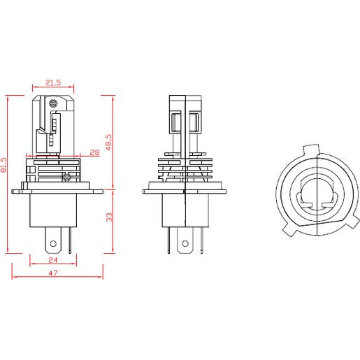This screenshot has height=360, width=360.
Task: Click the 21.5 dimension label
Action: pos(53,82)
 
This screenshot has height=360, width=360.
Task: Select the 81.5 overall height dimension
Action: pos(3,165)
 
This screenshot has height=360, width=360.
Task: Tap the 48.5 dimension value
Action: pos(109,142)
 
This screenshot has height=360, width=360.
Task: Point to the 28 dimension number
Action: pos(94,152)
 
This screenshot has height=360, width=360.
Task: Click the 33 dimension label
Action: pos(109,217)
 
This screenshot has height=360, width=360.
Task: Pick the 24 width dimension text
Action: pos(53,260)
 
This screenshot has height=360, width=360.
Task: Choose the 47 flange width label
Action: pos(53,273)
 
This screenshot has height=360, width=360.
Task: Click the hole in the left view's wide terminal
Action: pos(53,244)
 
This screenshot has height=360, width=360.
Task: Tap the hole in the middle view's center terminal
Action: pos(185,244)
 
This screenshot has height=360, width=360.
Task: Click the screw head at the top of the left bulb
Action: pos(53,103)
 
